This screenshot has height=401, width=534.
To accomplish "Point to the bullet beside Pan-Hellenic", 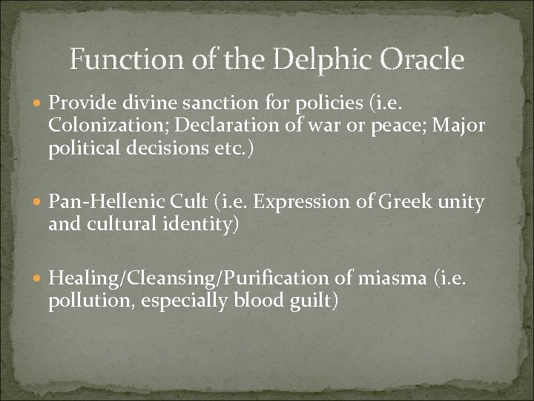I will click(x=39, y=202).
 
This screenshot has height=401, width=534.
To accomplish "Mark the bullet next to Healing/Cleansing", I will click(x=39, y=279).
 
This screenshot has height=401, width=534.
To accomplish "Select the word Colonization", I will click(x=99, y=125).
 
